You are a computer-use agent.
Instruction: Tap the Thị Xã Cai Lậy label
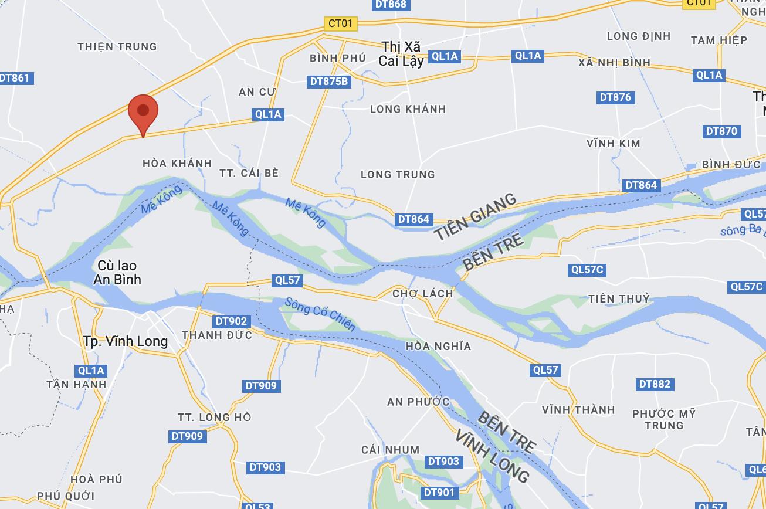(x=402, y=53)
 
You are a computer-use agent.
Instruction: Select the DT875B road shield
(x=328, y=82)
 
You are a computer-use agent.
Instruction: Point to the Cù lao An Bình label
(x=117, y=273)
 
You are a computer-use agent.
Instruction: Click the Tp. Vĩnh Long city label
(x=126, y=341)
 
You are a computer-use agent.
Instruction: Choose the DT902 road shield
(x=231, y=321)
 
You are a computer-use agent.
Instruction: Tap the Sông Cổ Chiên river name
(x=319, y=314)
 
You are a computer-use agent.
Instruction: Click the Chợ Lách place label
(x=422, y=293)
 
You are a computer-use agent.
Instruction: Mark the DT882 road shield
(x=655, y=384)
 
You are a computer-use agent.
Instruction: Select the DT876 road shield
(x=615, y=97)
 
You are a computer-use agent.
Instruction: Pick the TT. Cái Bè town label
(x=248, y=173)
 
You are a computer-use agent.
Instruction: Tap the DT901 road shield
(x=439, y=493)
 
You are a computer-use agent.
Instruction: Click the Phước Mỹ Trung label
(x=664, y=419)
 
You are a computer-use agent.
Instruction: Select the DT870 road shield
(x=721, y=131)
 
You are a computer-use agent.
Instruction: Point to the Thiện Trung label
(x=117, y=46)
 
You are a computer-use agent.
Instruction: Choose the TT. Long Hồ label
(x=215, y=417)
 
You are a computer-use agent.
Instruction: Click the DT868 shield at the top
(x=390, y=4)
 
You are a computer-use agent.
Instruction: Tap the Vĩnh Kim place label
(x=614, y=143)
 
